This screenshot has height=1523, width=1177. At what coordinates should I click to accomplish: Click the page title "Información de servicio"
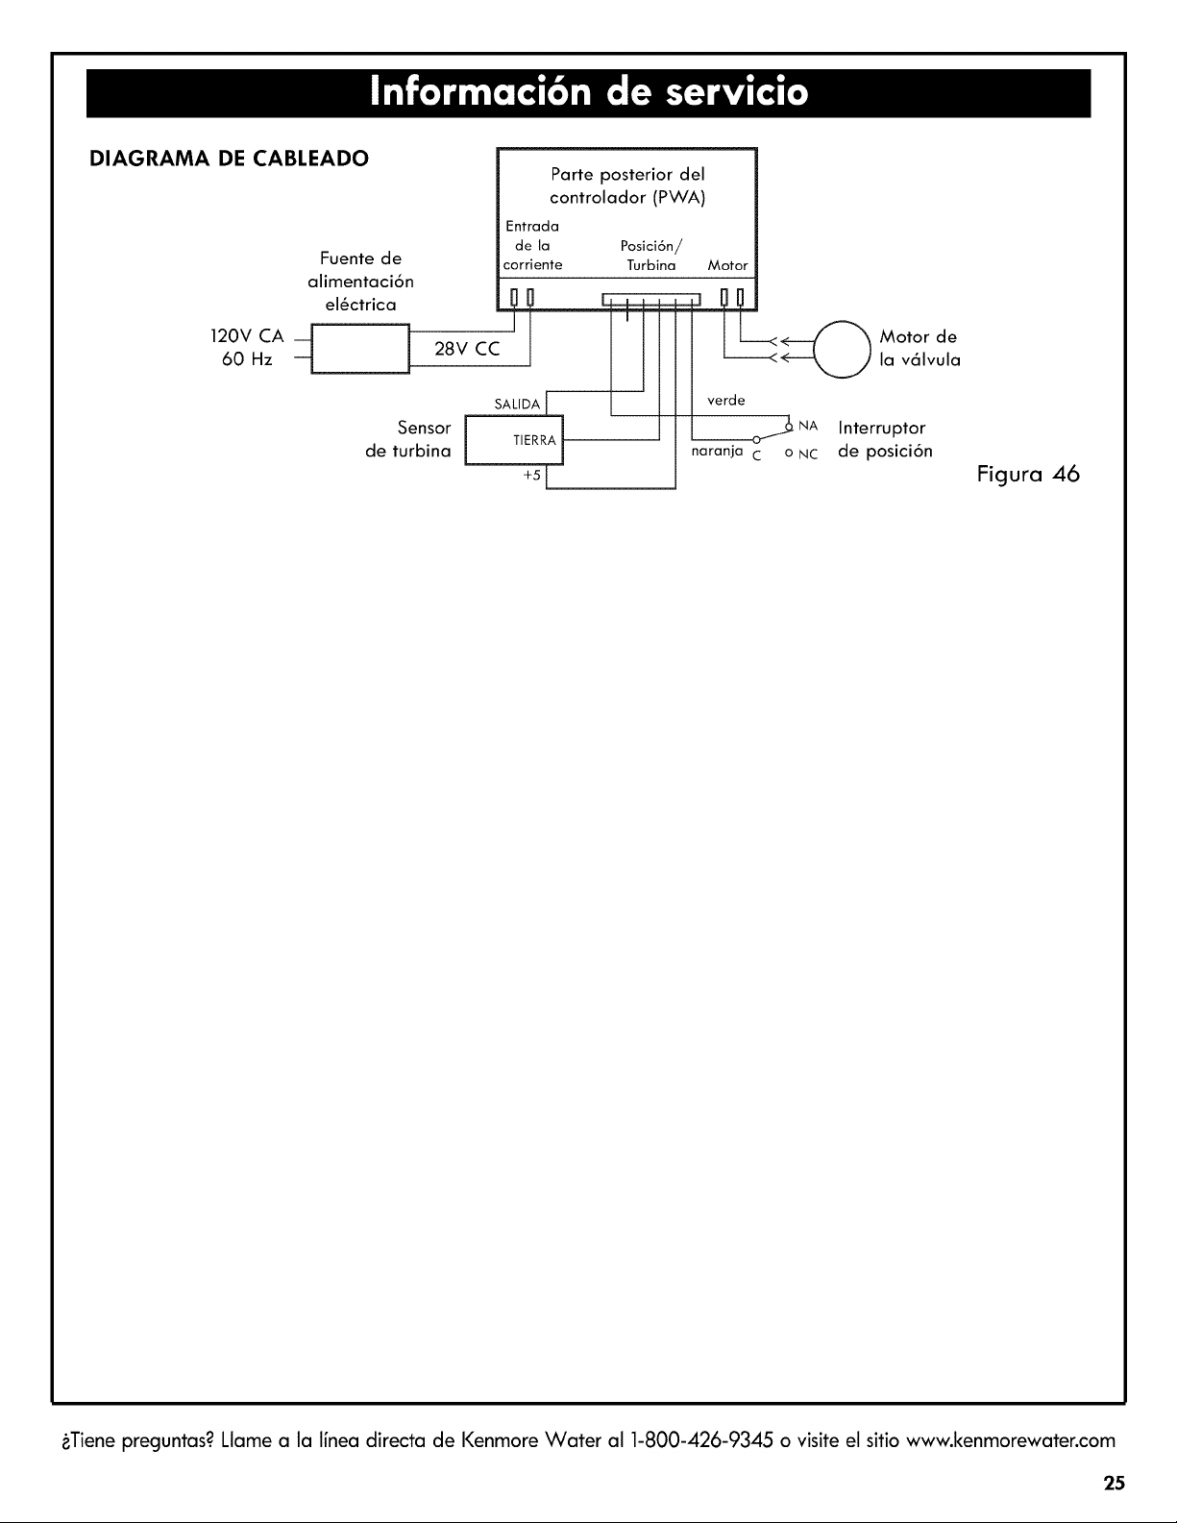[588, 92]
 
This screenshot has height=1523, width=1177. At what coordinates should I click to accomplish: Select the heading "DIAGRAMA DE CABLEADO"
[229, 159]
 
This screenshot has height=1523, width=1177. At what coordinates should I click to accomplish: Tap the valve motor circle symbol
[842, 349]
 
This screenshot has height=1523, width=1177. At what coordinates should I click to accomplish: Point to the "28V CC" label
[467, 349]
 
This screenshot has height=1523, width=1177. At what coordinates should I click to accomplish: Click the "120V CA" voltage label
[247, 336]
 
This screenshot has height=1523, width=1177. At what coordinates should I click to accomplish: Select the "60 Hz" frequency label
[247, 359]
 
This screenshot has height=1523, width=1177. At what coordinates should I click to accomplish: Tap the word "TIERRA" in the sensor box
[534, 440]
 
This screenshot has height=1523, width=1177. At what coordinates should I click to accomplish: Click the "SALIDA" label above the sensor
[517, 405]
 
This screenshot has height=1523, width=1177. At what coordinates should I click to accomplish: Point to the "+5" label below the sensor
[531, 476]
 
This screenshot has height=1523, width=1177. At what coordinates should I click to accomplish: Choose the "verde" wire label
[725, 400]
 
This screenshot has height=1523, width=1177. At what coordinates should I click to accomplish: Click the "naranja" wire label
[717, 451]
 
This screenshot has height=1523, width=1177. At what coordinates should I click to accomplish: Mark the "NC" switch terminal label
[808, 454]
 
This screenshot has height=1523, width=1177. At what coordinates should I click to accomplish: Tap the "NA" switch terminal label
[808, 426]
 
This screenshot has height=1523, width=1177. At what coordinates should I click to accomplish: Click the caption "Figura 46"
[1028, 476]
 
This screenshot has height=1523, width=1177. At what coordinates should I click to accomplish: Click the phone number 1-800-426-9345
[702, 1440]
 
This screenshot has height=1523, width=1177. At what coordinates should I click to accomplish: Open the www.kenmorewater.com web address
[1010, 1440]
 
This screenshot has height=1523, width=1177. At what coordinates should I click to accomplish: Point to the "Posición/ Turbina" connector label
[650, 256]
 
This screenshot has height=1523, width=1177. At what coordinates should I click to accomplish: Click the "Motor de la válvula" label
[920, 349]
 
